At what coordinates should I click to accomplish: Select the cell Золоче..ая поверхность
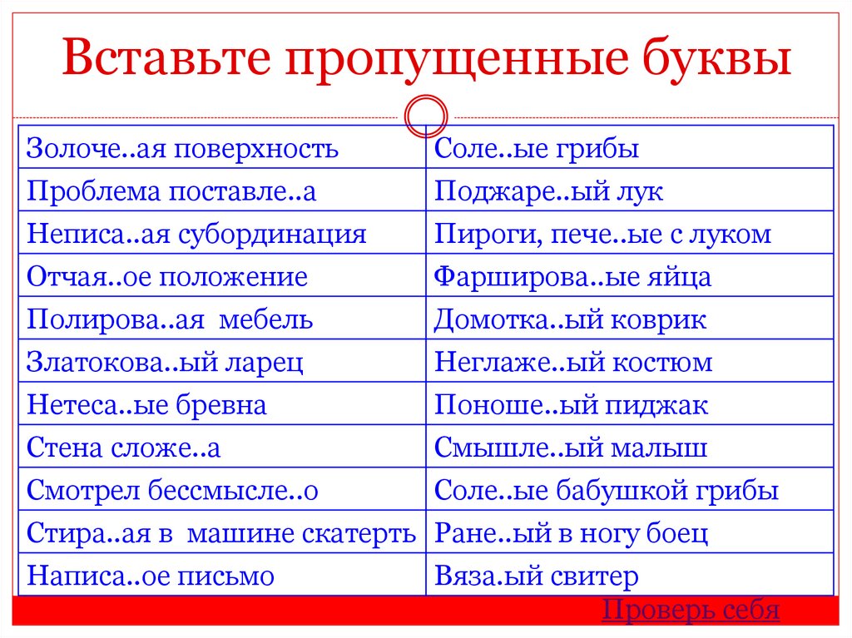pyautogui.click(x=183, y=149)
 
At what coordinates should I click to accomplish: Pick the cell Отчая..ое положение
pyautogui.click(x=167, y=277)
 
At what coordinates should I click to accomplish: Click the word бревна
pyautogui.click(x=220, y=405)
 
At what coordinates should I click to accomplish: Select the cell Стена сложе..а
pyautogui.click(x=124, y=448)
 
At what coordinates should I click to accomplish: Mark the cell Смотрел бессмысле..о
pyautogui.click(x=173, y=491)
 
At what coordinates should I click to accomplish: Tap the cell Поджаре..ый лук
pyautogui.click(x=549, y=191)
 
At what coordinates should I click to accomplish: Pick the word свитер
pyautogui.click(x=598, y=576)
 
